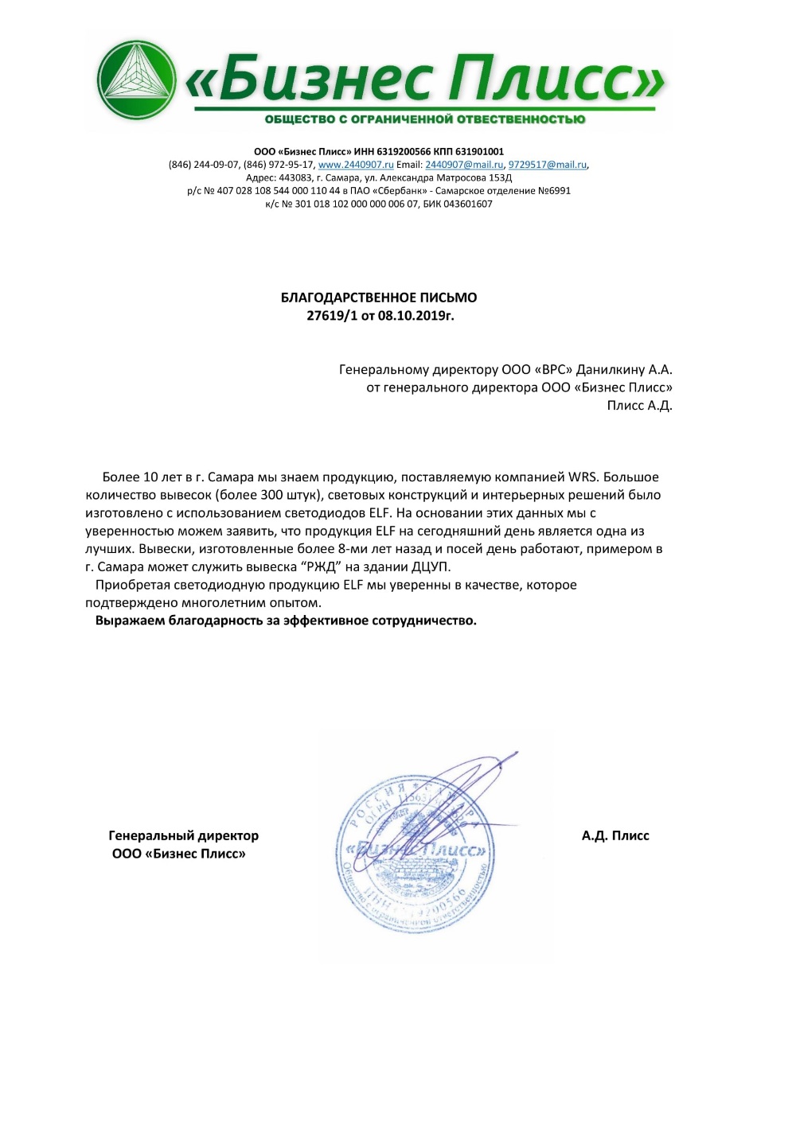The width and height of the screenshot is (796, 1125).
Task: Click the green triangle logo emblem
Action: (137, 80)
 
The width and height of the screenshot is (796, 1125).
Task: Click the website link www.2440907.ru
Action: (356, 165)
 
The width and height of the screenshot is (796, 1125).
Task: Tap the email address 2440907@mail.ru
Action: (464, 165)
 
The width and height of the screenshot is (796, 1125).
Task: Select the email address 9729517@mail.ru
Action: (548, 165)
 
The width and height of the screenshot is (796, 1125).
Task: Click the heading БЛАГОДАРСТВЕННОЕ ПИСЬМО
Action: (379, 298)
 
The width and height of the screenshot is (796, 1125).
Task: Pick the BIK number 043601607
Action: (468, 204)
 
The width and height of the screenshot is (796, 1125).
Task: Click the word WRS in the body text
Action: (583, 477)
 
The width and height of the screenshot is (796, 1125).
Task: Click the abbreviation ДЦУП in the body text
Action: (431, 567)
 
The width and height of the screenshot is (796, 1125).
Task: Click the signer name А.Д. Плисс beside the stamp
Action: (615, 836)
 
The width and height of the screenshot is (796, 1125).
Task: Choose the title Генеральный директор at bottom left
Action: (183, 836)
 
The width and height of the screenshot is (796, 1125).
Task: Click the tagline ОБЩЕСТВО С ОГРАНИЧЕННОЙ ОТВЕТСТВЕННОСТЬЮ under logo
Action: (425, 119)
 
